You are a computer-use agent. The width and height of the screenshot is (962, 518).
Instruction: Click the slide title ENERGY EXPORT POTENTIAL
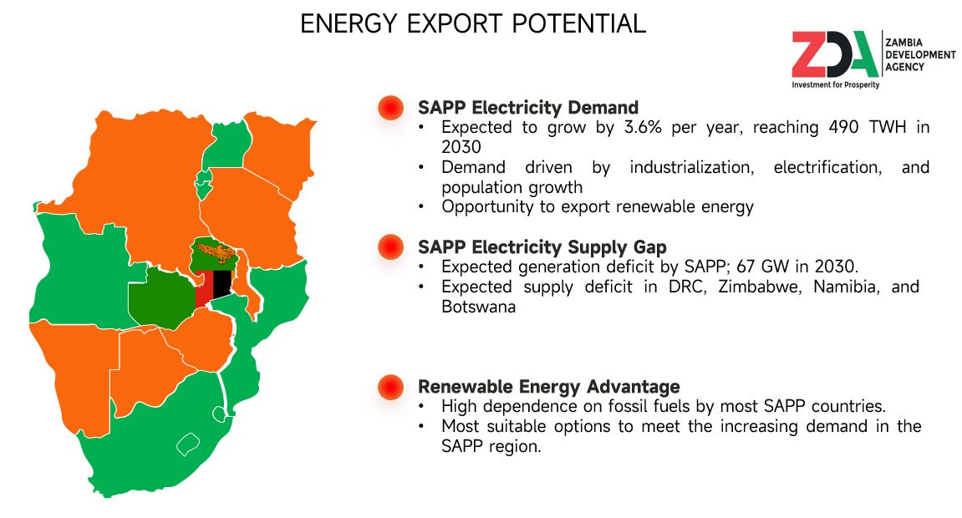coord(473,24)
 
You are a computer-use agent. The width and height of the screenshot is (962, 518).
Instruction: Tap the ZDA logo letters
coord(835,54)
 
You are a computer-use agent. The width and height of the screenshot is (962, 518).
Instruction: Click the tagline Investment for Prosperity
coord(836,84)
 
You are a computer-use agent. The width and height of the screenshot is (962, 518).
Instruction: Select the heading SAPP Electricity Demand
coord(528,107)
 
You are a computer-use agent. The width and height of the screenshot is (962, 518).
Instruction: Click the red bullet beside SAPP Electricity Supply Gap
coord(391,247)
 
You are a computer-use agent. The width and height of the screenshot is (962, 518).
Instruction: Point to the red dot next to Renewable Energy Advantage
coord(391,387)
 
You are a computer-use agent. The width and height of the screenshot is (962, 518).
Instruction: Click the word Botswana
coord(479,307)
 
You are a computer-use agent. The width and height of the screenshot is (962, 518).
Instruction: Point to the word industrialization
coord(691,167)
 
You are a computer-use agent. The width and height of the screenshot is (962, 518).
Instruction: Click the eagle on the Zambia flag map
coord(216,252)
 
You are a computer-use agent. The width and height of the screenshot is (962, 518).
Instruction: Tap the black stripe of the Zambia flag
coord(222,284)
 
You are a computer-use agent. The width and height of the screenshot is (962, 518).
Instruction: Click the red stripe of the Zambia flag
coord(204,289)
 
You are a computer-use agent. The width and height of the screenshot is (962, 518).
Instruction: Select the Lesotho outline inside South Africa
coord(188,444)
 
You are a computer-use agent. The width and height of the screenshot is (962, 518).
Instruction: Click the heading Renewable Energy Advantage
coord(549,387)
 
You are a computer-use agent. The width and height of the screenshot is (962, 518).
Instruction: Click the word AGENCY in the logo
coord(904,67)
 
